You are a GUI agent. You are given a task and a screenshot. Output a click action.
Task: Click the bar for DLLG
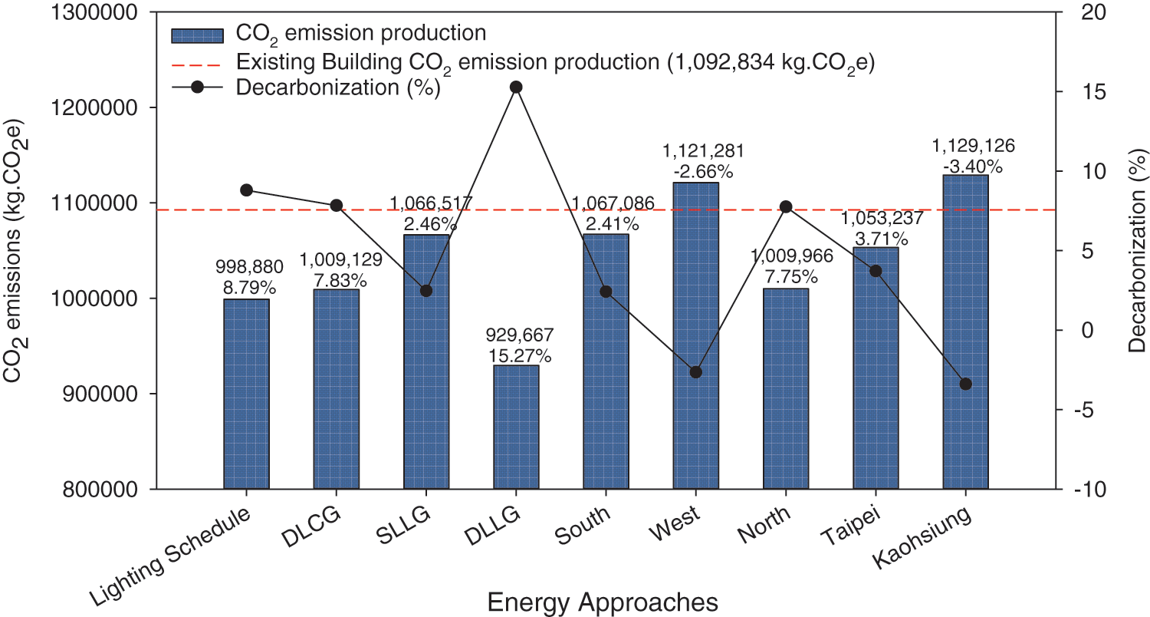[516, 427]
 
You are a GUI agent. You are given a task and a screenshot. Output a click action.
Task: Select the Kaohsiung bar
[965, 332]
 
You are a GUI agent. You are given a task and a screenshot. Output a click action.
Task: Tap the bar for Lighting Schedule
[246, 394]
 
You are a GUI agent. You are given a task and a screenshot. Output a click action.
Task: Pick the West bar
[695, 335]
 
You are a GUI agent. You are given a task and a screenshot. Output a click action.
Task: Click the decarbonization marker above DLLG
[516, 87]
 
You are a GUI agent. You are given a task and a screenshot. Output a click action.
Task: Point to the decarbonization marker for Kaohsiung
[965, 384]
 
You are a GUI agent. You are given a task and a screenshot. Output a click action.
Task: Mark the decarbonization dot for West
[695, 372]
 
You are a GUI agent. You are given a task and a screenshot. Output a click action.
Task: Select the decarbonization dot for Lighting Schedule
[246, 190]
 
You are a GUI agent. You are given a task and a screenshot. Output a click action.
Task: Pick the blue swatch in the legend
[197, 35]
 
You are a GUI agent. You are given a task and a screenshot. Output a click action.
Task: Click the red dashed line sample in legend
[197, 61]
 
